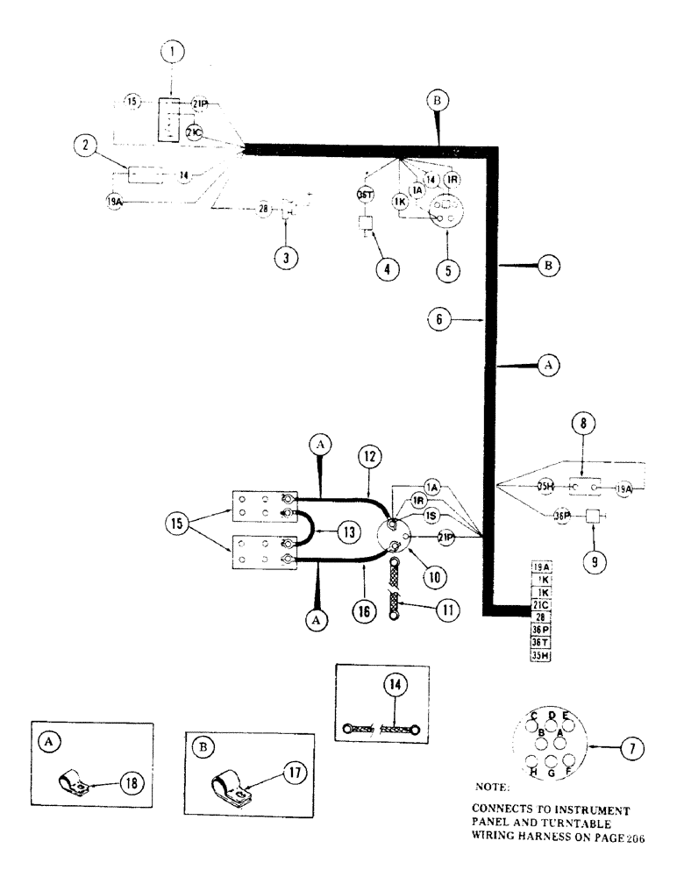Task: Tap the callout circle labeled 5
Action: [447, 269]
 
